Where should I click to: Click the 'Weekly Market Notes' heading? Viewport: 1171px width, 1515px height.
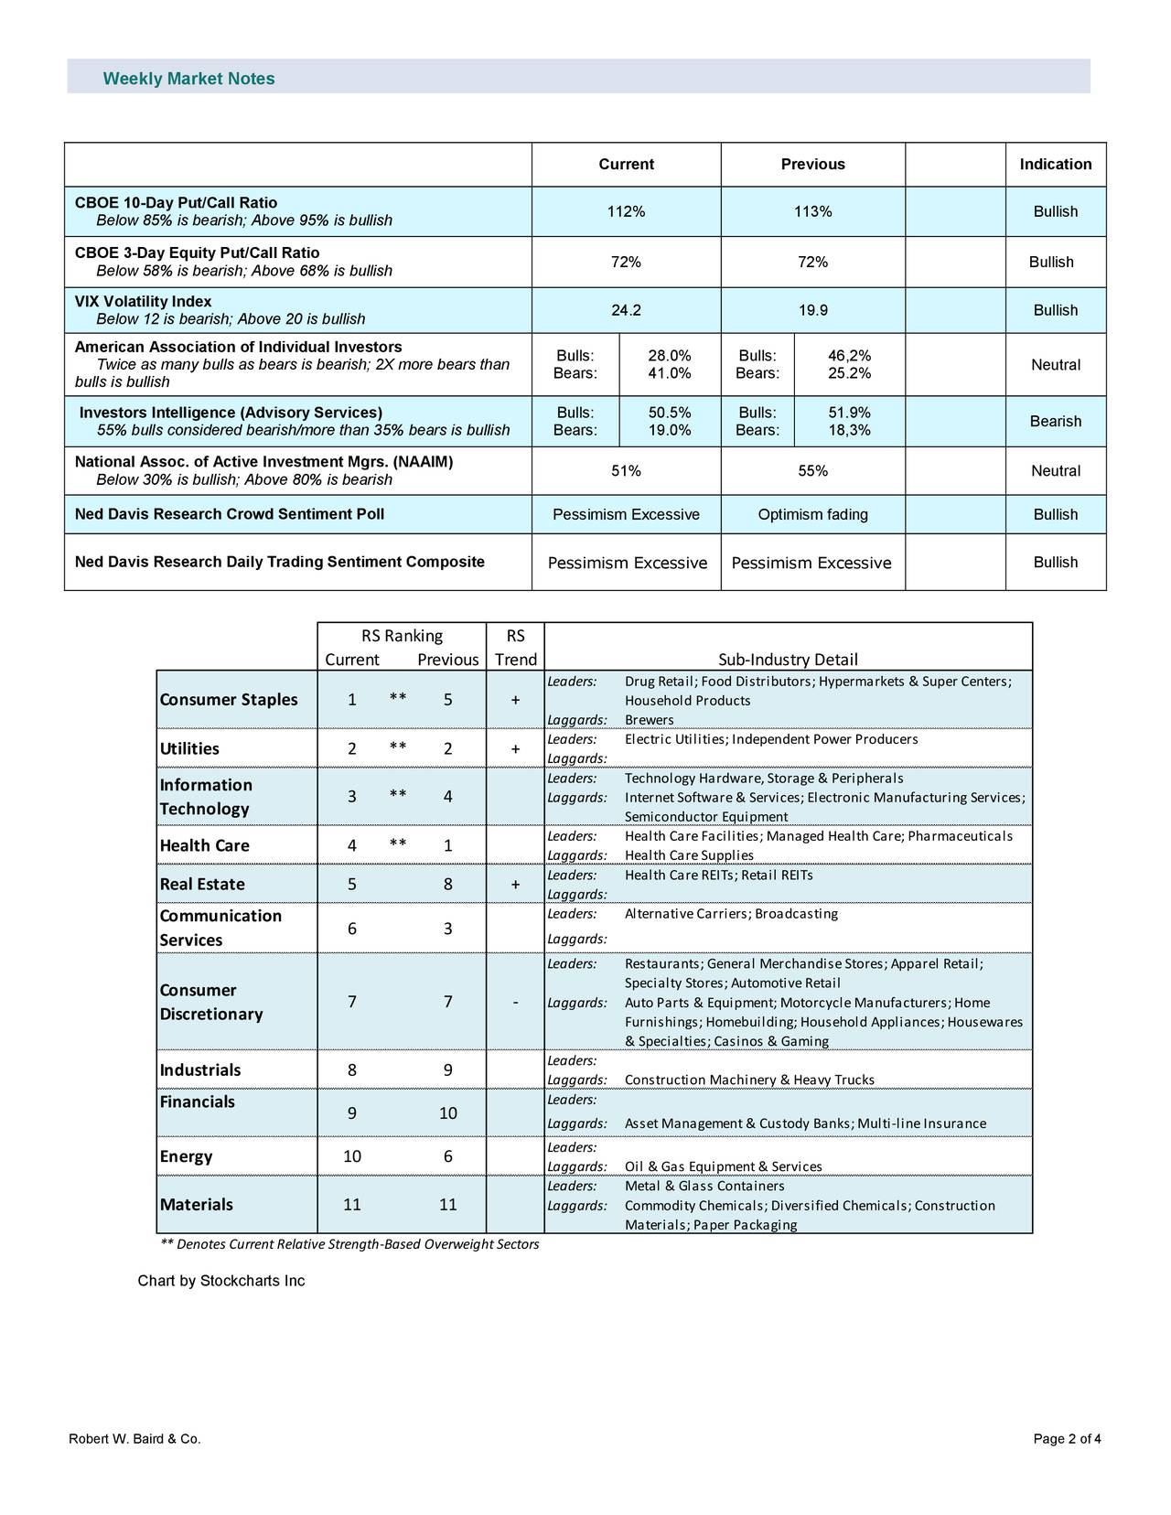pos(188,79)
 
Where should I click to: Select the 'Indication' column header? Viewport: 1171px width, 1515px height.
pos(1055,165)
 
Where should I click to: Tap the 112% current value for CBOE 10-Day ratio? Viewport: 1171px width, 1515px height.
pos(626,212)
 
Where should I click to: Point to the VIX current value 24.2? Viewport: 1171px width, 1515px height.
pos(626,310)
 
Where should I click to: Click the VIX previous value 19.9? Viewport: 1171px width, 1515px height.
pos(812,310)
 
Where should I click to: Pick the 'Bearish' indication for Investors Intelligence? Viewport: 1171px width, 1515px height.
pos(1055,422)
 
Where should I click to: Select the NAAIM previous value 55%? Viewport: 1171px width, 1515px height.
pos(812,471)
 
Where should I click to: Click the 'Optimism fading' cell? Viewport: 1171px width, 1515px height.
pos(812,515)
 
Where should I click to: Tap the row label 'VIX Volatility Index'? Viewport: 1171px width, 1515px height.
pos(143,302)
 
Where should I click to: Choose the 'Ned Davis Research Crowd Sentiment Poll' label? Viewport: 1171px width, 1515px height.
pos(230,514)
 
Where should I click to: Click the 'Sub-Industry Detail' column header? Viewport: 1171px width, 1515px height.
pos(788,660)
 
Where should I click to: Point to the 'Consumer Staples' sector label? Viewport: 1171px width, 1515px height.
pos(229,700)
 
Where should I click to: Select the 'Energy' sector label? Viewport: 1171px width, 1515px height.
pos(186,1156)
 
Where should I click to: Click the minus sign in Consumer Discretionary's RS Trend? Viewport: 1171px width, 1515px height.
pos(516,1003)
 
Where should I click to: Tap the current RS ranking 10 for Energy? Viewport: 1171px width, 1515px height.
pos(352,1156)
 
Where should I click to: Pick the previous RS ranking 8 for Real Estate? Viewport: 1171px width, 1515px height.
pos(447,884)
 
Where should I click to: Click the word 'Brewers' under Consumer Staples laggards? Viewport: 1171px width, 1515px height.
pos(649,720)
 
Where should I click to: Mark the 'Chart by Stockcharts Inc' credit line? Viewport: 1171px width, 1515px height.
pos(221,1281)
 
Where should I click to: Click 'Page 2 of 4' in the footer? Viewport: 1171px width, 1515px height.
pos(1067,1439)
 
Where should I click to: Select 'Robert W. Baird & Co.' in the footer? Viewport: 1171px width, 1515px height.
pos(134,1439)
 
